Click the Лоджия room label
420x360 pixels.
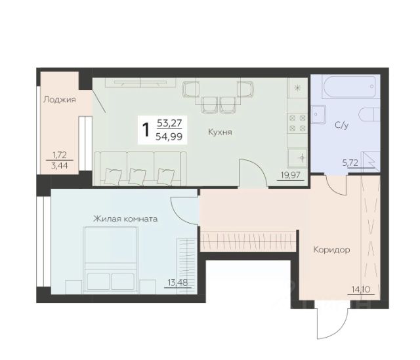coord(60,100)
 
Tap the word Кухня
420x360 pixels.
coord(220,132)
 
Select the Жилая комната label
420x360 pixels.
coord(125,218)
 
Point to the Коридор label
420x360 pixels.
coord(331,250)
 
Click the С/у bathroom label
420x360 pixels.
coord(342,125)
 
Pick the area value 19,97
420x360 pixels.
coord(291,175)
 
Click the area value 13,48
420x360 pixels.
coord(178,282)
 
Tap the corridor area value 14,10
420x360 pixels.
coord(361,289)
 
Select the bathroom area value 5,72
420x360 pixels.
coord(350,163)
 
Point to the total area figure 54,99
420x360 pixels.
coord(169,137)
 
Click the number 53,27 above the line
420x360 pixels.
coord(169,123)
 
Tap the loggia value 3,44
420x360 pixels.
coord(59,166)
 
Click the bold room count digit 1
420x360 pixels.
coord(146,130)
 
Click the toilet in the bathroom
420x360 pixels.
coord(369,115)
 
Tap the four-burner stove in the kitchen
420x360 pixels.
coord(297,123)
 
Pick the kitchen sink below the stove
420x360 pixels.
coord(297,157)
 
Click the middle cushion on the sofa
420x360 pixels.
coord(137,176)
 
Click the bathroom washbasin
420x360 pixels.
coord(318,114)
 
